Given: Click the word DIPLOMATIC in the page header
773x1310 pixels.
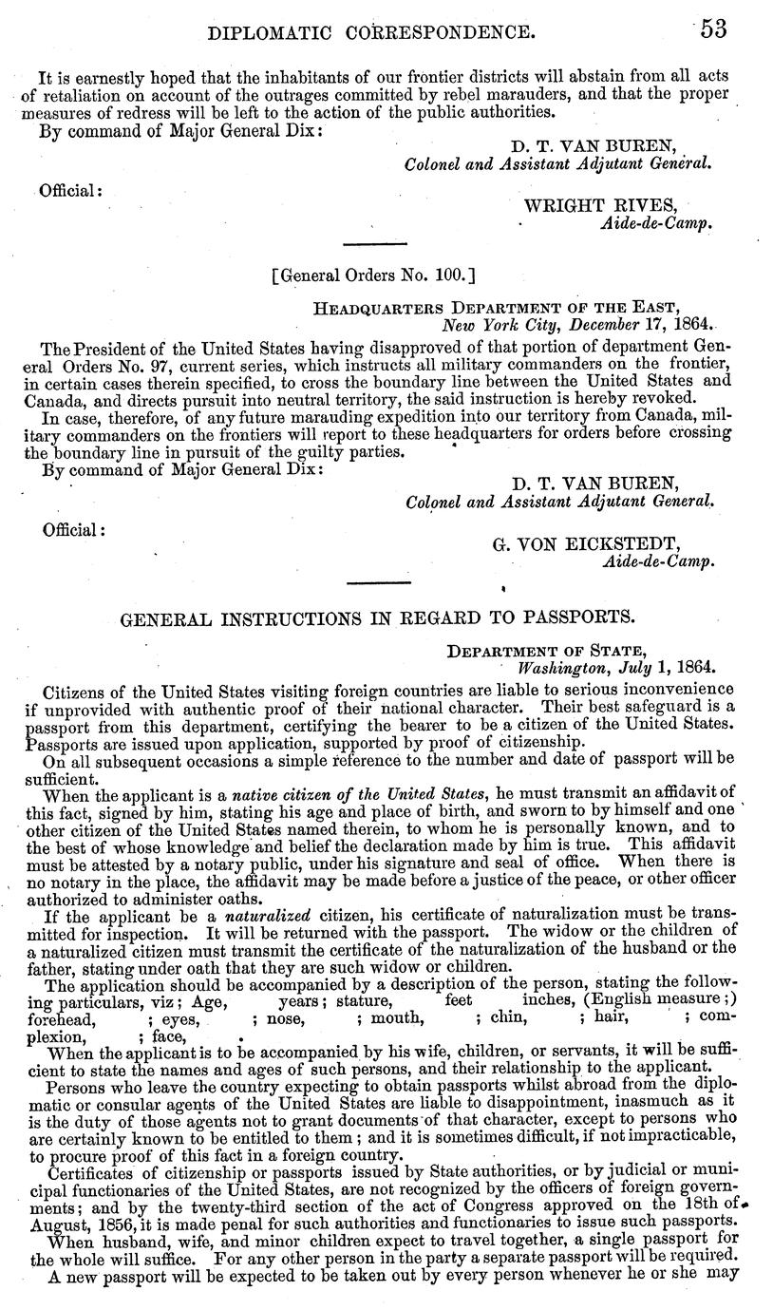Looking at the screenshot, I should [x=261, y=33].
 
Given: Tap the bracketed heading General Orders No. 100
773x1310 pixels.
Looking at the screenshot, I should [x=372, y=276].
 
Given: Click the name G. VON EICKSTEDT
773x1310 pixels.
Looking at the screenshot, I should [x=587, y=544].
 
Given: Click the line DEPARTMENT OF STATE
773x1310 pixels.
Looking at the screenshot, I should [x=548, y=652].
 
